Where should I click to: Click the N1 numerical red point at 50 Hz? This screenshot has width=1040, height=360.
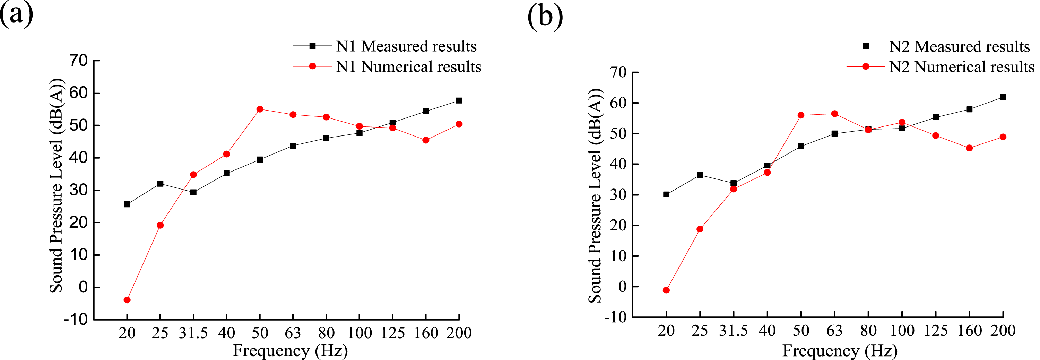tap(260, 109)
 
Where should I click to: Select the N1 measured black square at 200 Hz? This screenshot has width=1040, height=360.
tap(459, 100)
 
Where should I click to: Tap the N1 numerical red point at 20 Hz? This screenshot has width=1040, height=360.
tap(127, 300)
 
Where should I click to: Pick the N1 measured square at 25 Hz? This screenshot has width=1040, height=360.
tap(160, 184)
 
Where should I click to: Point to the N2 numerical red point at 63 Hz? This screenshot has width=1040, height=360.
tap(834, 114)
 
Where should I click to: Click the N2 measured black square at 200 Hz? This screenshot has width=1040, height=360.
tap(1003, 97)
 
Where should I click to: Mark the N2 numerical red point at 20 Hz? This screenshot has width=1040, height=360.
tap(666, 290)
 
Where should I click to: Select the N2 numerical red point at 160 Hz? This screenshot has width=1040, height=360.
tap(969, 148)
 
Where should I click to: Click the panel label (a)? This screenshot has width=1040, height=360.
tap(16, 15)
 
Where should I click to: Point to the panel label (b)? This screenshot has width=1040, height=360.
tap(545, 17)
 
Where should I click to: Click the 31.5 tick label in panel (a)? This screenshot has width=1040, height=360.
tap(193, 333)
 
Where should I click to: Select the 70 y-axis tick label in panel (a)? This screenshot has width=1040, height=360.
tap(79, 61)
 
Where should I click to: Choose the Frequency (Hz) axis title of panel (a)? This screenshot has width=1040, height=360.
tap(290, 351)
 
